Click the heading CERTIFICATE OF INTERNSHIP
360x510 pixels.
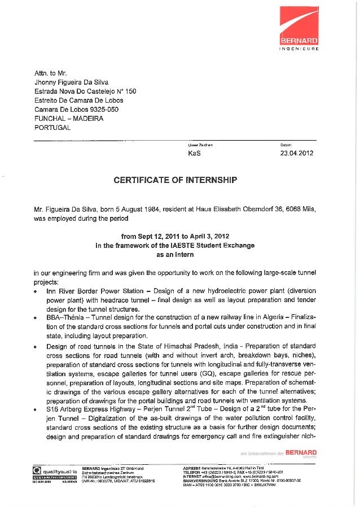pos(175,180)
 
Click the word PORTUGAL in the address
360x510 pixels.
pos(52,127)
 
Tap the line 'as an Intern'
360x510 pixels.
pos(175,255)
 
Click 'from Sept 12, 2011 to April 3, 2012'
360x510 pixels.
pos(175,236)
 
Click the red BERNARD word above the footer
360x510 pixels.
pos(302,453)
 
